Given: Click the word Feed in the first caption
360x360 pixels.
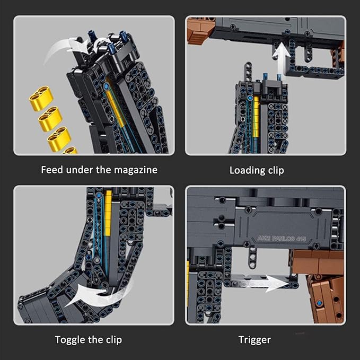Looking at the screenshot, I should click(52, 170).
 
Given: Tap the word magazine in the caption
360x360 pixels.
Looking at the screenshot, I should click(137, 170).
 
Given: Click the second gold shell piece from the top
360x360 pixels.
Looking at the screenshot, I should click(50, 118).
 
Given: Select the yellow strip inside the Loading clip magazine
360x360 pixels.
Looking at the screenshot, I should click(256, 117).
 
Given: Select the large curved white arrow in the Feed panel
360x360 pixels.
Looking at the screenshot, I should click(64, 50).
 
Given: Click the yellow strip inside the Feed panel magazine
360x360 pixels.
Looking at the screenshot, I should click(116, 109).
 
